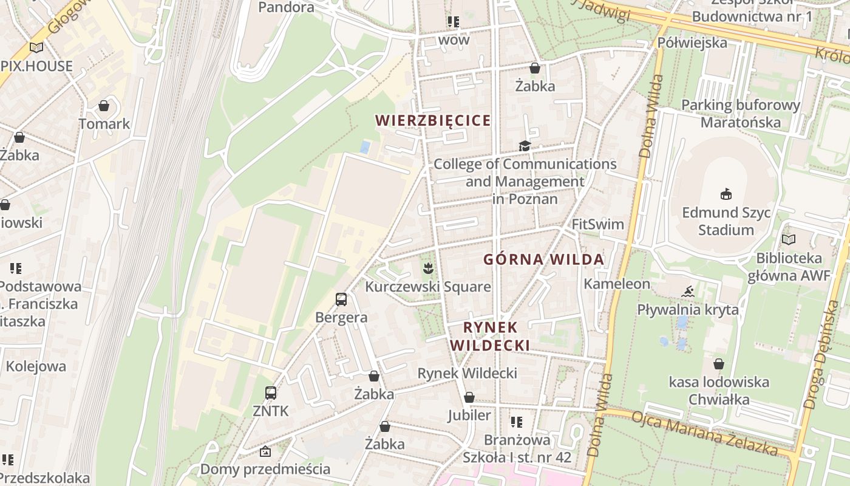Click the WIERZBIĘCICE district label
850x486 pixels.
pos(433,120)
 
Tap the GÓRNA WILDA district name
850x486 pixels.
pos(543,259)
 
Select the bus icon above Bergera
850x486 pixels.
pos(341,299)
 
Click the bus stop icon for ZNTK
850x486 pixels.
pos(271,393)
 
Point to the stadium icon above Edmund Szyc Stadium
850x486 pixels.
pos(726,194)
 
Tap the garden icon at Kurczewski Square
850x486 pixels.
pos(428,267)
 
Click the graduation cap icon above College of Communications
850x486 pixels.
pos(525,146)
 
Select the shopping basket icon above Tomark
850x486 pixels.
pos(104,106)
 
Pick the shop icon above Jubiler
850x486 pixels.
pos(469,397)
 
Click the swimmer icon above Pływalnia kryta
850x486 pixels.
pos(687,292)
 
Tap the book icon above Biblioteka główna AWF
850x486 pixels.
pos(789,239)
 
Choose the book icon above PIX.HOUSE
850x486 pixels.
pos(36,47)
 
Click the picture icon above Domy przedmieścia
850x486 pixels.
pos(265,451)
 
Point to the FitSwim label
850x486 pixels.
pos(597,224)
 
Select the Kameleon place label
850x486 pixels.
pos(616,284)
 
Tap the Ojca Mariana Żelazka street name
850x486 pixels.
pos(704,433)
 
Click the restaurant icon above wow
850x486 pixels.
pos(454,22)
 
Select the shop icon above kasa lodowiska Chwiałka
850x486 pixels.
pos(719,364)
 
